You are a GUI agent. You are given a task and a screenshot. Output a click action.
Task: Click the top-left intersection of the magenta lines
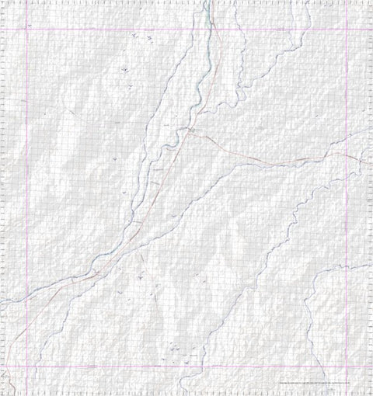pos(27,29)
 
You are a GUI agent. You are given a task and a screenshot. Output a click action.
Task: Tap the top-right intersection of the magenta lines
pos(347,29)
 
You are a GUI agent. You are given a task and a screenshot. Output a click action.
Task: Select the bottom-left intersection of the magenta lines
pos(27,365)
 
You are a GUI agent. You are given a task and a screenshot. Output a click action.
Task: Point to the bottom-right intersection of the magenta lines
pos(347,365)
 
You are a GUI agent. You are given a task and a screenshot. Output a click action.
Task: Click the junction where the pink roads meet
pos(191,134)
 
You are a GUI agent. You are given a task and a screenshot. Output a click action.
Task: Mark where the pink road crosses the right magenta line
pos(347,155)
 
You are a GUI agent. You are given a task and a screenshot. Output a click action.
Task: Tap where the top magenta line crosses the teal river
pos(207,29)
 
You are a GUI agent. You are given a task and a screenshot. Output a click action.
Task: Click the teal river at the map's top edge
pos(207,2)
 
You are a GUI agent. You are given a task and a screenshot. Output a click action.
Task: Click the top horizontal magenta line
pos(117,29)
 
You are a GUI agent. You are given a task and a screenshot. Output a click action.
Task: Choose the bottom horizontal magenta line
pos(117,365)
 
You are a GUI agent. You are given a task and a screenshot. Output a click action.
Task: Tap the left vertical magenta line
pos(27,194)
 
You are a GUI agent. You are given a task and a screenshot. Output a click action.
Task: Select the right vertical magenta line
pos(347,233)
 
